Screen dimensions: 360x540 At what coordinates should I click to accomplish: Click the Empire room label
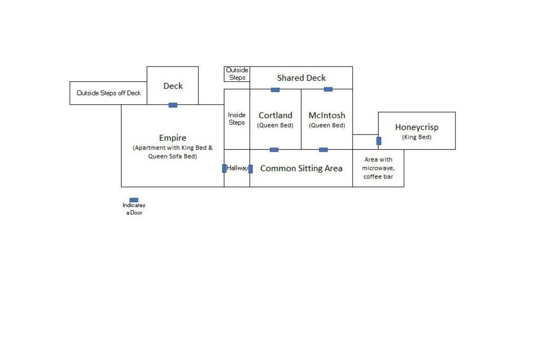coord(172,138)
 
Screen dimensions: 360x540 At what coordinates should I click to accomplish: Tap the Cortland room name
coord(275,115)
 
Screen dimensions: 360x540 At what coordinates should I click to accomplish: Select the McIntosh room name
coord(327,115)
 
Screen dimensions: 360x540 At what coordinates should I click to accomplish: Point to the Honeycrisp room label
coord(417,127)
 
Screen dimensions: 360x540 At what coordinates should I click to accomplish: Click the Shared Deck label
coord(301,78)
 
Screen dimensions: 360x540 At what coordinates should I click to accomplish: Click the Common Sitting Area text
coord(301,168)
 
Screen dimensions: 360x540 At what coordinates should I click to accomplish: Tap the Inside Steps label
coord(237,119)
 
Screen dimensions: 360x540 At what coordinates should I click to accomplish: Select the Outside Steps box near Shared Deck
coord(237,74)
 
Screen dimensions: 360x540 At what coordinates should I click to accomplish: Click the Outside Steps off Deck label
coord(109,93)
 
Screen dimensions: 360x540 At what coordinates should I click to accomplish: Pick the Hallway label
coord(237,168)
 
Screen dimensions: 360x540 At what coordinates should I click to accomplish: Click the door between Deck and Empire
coord(173,105)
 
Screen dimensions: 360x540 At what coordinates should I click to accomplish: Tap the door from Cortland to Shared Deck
coord(275,90)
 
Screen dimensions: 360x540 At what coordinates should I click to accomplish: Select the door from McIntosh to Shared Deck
coord(328,89)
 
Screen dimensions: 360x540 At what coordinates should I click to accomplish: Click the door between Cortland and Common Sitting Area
coord(274,150)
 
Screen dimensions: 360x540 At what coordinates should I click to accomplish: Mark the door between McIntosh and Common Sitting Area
coord(323,150)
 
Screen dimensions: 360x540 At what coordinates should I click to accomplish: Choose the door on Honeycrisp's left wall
coord(379,141)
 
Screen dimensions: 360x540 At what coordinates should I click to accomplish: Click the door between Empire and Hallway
coord(224,168)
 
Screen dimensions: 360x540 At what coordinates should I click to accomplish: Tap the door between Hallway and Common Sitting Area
coord(250,169)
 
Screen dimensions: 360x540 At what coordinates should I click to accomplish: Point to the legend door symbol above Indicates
coord(134,200)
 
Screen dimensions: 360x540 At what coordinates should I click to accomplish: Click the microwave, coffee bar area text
coord(378,168)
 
